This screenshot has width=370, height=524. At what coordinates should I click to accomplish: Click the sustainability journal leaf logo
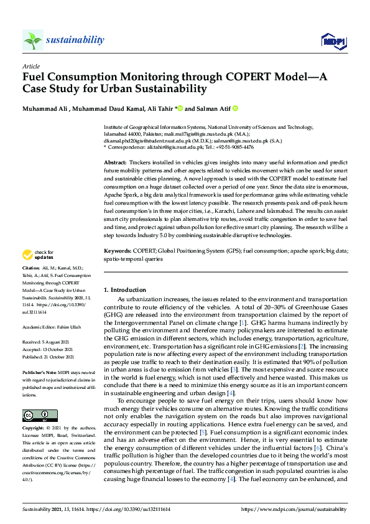32,40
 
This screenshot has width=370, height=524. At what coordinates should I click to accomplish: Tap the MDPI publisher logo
333,41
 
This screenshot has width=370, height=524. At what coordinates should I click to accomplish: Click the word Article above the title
30,66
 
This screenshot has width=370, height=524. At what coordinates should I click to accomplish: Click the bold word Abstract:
116,162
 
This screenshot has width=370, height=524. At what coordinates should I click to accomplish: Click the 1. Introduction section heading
125,290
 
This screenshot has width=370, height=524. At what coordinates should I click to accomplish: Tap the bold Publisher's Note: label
39,372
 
